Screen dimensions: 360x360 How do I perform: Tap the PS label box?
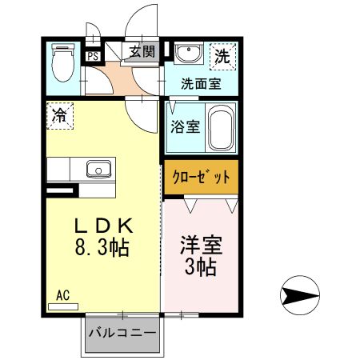click(x=94, y=57)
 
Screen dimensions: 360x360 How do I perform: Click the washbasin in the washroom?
click(x=188, y=53)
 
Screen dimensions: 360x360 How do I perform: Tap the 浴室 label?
click(x=185, y=126)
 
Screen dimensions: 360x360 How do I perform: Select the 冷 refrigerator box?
click(x=58, y=114)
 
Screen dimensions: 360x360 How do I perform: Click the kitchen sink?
click(x=99, y=169)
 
